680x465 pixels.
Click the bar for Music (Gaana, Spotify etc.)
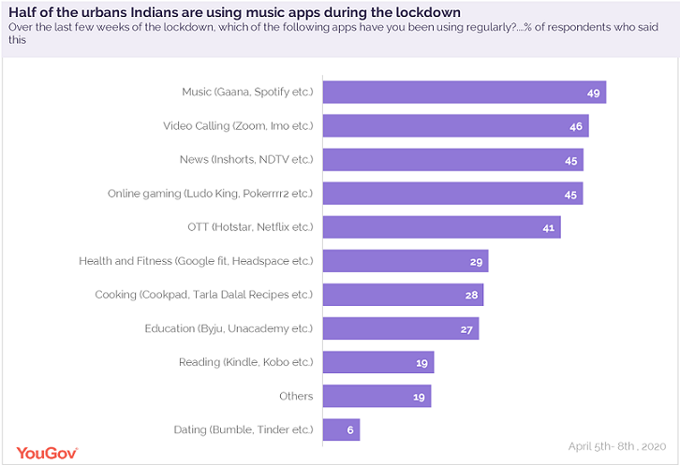(464, 93)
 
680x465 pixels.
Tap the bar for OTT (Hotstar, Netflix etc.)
(441, 227)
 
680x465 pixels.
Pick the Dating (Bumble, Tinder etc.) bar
(341, 429)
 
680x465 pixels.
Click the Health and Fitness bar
(405, 261)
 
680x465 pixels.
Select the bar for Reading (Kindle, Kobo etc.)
(377, 362)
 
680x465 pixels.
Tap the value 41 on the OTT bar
(549, 227)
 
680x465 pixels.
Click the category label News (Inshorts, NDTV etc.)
(246, 160)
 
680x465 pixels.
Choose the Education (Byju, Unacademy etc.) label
(229, 328)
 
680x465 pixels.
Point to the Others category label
(296, 396)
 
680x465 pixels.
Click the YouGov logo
(42, 452)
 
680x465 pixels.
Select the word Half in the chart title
(22, 11)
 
